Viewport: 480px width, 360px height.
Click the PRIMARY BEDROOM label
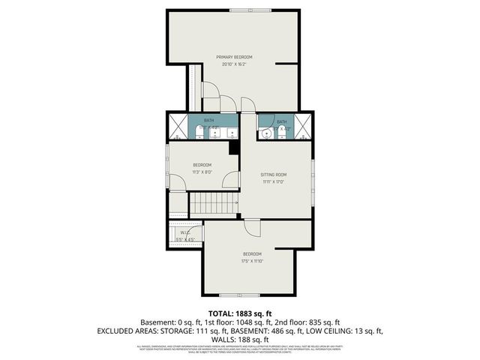(234, 57)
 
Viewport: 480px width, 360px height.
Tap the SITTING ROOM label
(274, 174)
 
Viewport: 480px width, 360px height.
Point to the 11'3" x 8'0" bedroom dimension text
(202, 172)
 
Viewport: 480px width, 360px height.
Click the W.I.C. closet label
(184, 232)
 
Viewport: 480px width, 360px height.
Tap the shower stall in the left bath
(176, 127)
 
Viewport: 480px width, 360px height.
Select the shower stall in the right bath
(302, 127)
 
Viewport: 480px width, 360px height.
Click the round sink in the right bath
(267, 134)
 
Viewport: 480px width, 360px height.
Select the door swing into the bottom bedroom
(253, 228)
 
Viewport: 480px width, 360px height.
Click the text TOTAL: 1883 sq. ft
(239, 313)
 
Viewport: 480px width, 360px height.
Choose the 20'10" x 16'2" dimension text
(234, 64)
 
